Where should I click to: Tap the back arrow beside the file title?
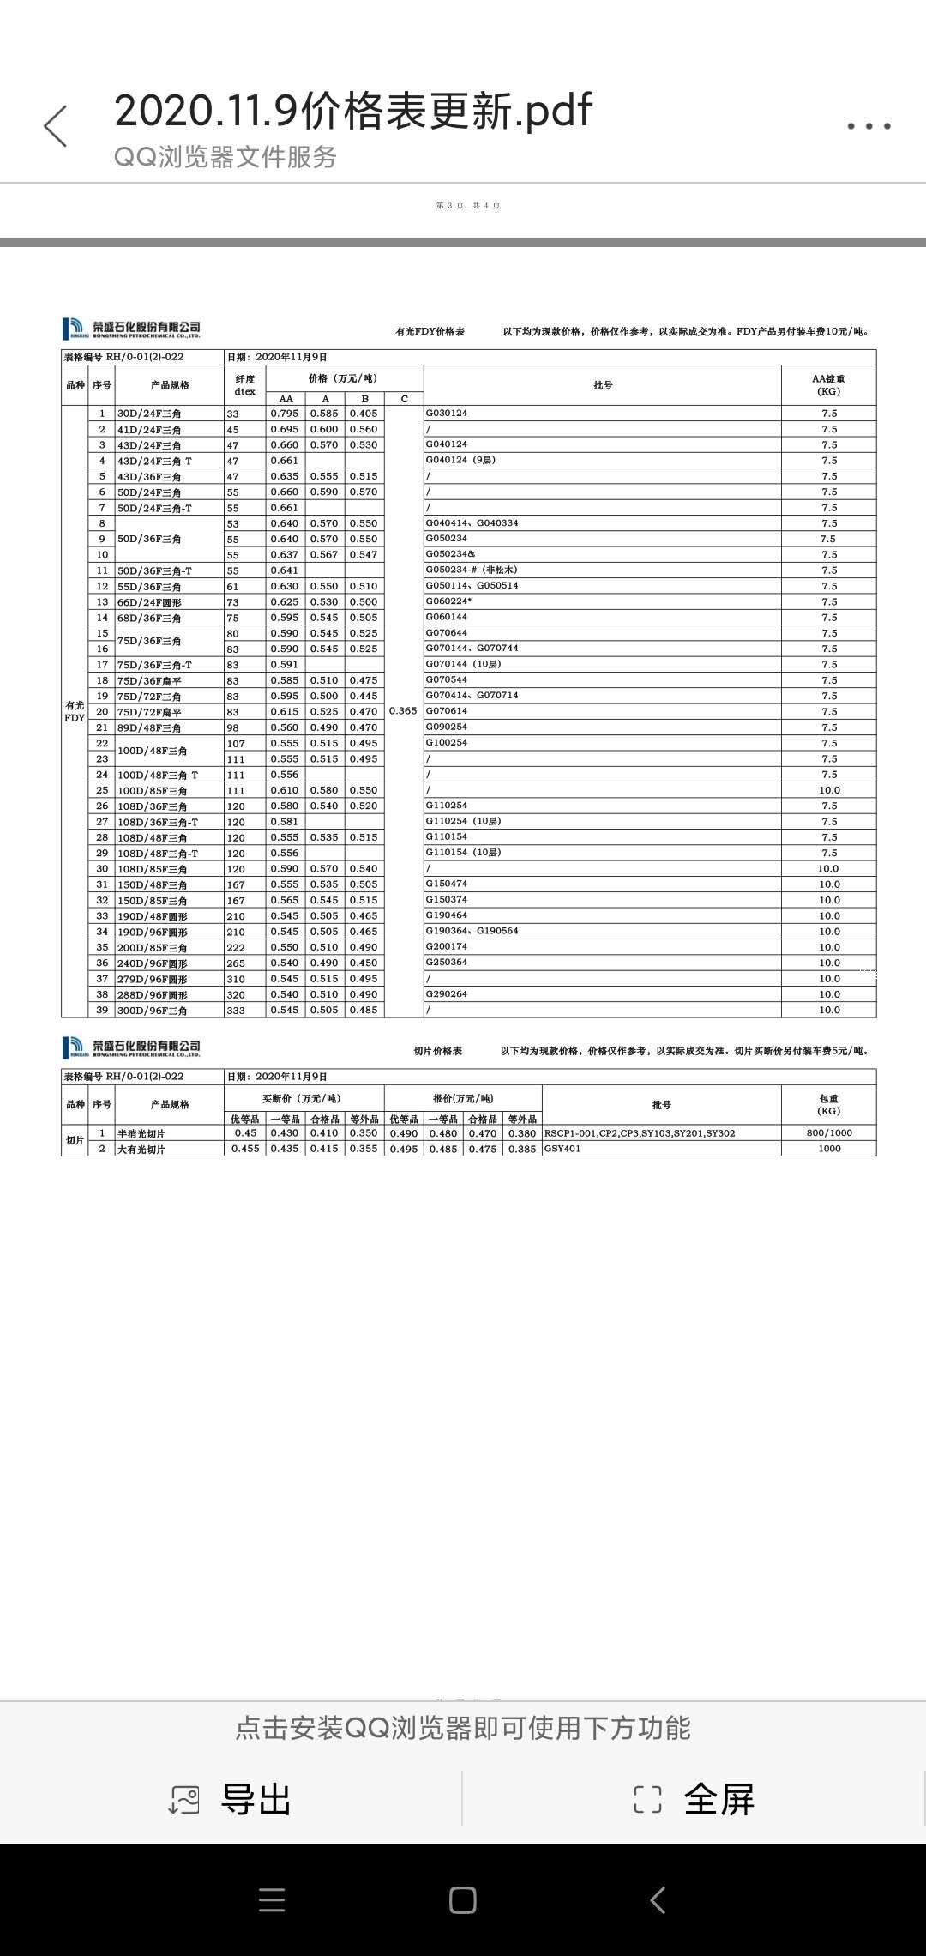(x=56, y=126)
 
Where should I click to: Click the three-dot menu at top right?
(x=869, y=126)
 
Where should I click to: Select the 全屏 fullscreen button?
(x=694, y=1799)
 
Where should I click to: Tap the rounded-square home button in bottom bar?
(x=462, y=1900)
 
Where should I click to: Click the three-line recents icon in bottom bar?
(x=272, y=1900)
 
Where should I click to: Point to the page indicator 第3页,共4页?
(x=468, y=206)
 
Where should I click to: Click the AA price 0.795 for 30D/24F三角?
(x=285, y=414)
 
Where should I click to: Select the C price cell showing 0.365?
(x=403, y=711)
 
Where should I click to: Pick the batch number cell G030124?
(x=447, y=414)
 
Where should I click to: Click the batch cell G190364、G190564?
(x=472, y=931)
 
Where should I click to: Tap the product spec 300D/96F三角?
(x=153, y=1011)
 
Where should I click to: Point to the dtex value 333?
(x=236, y=1011)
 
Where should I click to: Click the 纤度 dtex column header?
(x=244, y=385)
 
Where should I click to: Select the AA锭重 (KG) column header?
(x=828, y=385)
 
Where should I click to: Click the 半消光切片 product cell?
(x=141, y=1134)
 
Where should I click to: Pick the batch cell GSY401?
(x=562, y=1149)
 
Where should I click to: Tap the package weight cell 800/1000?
(x=829, y=1133)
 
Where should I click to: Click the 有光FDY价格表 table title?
(x=430, y=331)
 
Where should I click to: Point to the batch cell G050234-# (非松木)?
(x=472, y=570)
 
